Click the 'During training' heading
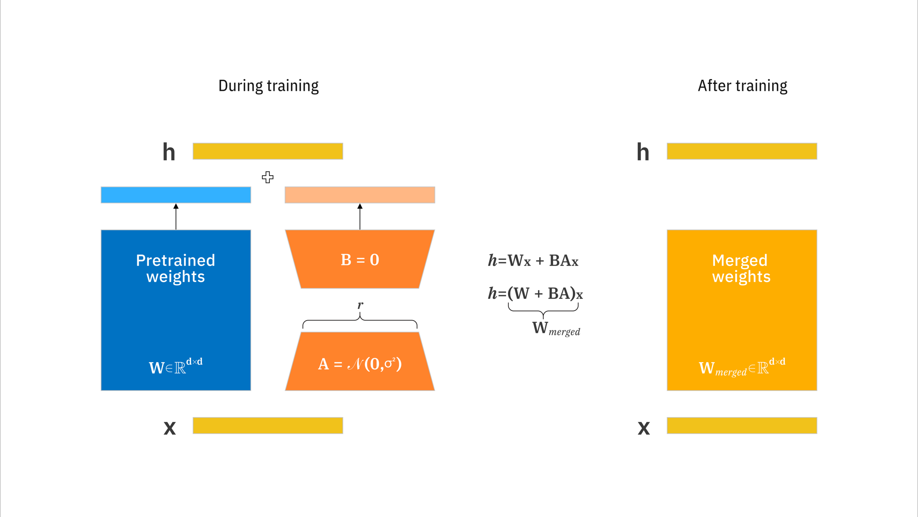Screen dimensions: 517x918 click(x=268, y=86)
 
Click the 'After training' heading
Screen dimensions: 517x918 click(x=742, y=86)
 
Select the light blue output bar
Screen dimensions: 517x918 click(x=176, y=195)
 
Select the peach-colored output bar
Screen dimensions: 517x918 click(x=360, y=195)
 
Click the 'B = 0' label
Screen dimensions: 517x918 click(x=360, y=260)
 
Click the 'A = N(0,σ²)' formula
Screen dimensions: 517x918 click(x=360, y=364)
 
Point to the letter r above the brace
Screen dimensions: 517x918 click(x=360, y=305)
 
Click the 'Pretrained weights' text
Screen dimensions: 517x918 click(x=176, y=268)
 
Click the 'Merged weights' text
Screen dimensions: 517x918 click(x=741, y=268)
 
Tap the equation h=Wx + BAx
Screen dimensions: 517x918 click(x=533, y=261)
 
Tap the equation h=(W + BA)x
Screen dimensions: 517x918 click(x=535, y=294)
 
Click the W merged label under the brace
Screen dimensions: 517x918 click(x=556, y=328)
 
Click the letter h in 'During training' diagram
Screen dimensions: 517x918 click(x=169, y=152)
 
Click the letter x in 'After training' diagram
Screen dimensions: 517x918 click(x=644, y=428)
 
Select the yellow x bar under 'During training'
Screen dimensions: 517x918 click(x=268, y=425)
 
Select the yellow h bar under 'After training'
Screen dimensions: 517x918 click(x=742, y=151)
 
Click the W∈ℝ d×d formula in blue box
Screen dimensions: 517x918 click(x=176, y=366)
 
